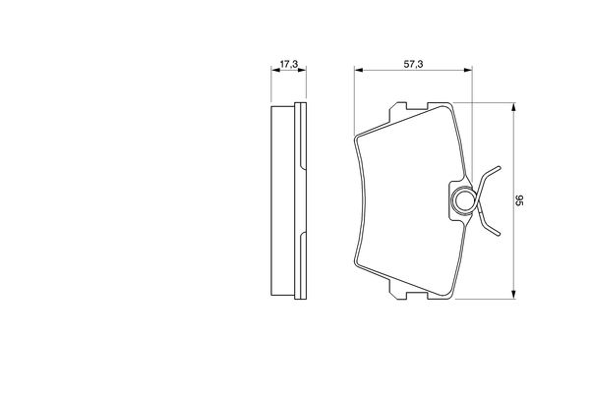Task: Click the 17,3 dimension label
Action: (288, 64)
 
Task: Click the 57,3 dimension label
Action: (413, 64)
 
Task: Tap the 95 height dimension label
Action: (519, 200)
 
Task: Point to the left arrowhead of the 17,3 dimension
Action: (275, 70)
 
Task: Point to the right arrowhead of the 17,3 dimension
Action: (302, 70)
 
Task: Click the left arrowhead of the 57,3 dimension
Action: (358, 70)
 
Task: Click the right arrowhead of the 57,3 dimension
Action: (468, 70)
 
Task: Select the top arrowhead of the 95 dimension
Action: (513, 107)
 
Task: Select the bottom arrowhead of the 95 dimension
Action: (513, 295)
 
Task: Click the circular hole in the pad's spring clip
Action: (463, 200)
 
